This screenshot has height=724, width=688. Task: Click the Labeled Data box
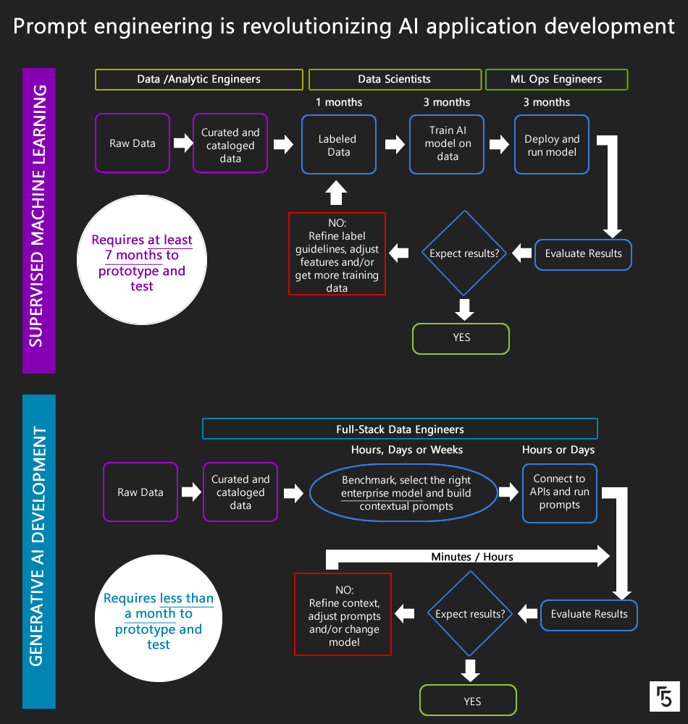[339, 145]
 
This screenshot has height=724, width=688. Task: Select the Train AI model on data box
[447, 143]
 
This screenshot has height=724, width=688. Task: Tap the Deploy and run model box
[553, 144]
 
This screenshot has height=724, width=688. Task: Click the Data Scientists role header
[395, 80]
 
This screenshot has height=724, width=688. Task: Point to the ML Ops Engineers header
[556, 80]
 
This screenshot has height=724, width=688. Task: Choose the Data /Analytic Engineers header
[198, 80]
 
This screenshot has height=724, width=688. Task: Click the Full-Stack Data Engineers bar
[400, 429]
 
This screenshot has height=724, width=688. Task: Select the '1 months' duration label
[339, 102]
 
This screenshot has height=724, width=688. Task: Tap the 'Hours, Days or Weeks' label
[407, 450]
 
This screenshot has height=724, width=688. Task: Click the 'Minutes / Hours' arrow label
[471, 557]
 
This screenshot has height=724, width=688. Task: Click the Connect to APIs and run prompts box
[559, 492]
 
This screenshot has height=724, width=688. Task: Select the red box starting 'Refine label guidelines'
[337, 253]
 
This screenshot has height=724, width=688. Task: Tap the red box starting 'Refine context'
[343, 614]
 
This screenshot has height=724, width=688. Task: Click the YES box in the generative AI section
[468, 701]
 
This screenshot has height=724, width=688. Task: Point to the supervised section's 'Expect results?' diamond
[463, 253]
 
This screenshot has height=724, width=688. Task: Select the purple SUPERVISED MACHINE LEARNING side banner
[38, 221]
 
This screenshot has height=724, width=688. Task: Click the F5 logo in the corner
[664, 696]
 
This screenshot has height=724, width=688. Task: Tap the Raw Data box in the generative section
[140, 492]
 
